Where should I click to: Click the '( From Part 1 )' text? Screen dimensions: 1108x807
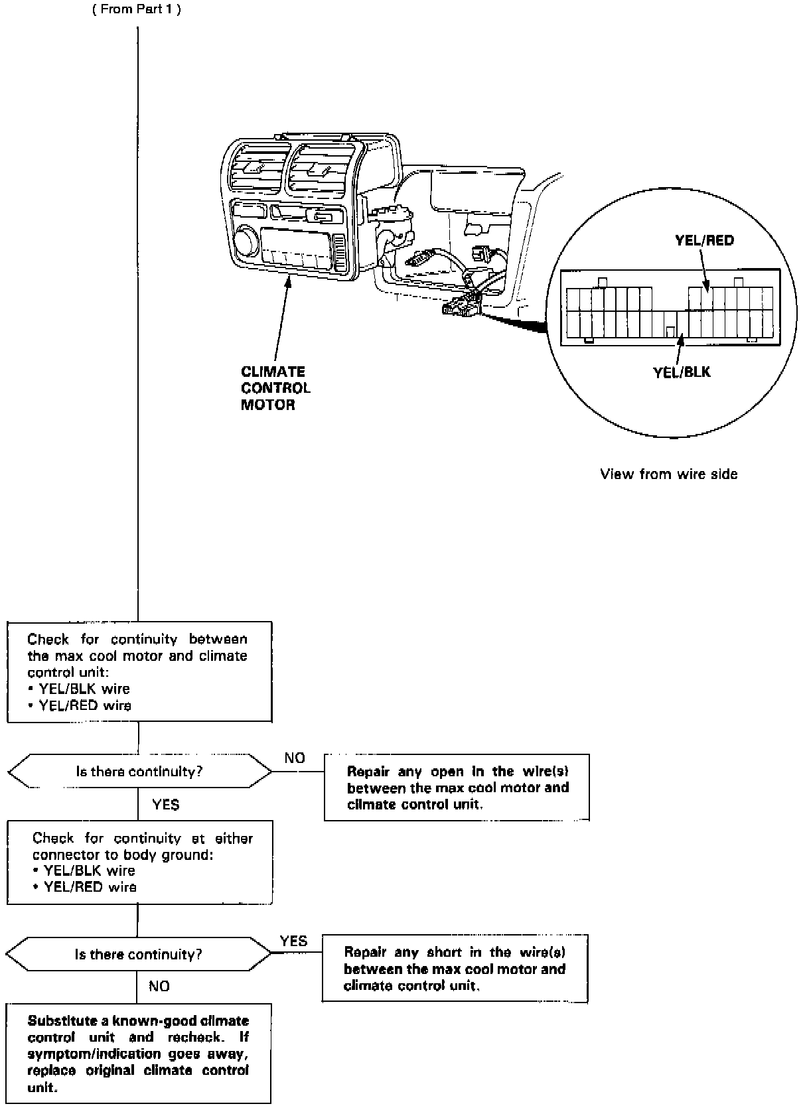pos(137,10)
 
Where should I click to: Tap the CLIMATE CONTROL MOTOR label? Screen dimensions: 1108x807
pos(275,387)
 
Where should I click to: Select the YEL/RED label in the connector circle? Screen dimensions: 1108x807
pos(704,240)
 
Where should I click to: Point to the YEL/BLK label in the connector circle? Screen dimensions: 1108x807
pos(682,372)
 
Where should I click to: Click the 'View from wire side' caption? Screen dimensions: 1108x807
pos(668,474)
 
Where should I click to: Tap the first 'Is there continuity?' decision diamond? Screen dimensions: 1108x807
pos(139,771)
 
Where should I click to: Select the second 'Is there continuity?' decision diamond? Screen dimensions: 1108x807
pos(138,954)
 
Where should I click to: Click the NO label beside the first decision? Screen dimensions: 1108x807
pos(295,758)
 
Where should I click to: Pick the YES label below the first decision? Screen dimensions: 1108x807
pos(165,804)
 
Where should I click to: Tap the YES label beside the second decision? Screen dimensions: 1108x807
pos(293,941)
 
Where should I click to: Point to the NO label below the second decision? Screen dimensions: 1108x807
pos(159,987)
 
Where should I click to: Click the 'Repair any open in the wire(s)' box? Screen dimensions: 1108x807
pos(457,787)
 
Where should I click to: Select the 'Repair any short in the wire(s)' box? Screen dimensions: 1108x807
pos(455,968)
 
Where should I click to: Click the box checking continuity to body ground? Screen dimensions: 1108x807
pos(139,863)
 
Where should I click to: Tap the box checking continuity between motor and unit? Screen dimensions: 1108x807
pos(139,671)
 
